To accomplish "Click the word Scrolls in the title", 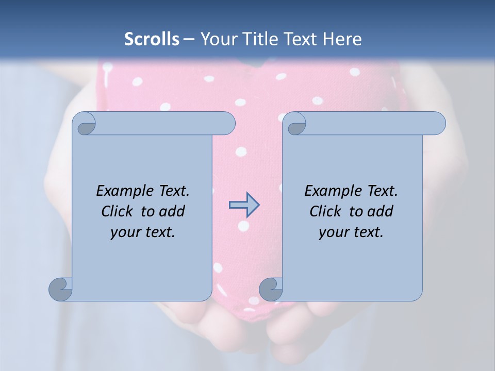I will [x=152, y=39].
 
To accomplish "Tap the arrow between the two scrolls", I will [x=244, y=205].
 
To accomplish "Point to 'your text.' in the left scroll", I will [x=143, y=232].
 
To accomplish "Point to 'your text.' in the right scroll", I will [x=351, y=232].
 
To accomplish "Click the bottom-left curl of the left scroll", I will [x=60, y=289].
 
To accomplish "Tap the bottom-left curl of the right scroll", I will [x=270, y=289].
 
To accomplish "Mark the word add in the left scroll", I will [x=172, y=211].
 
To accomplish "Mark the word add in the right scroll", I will [x=381, y=211].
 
